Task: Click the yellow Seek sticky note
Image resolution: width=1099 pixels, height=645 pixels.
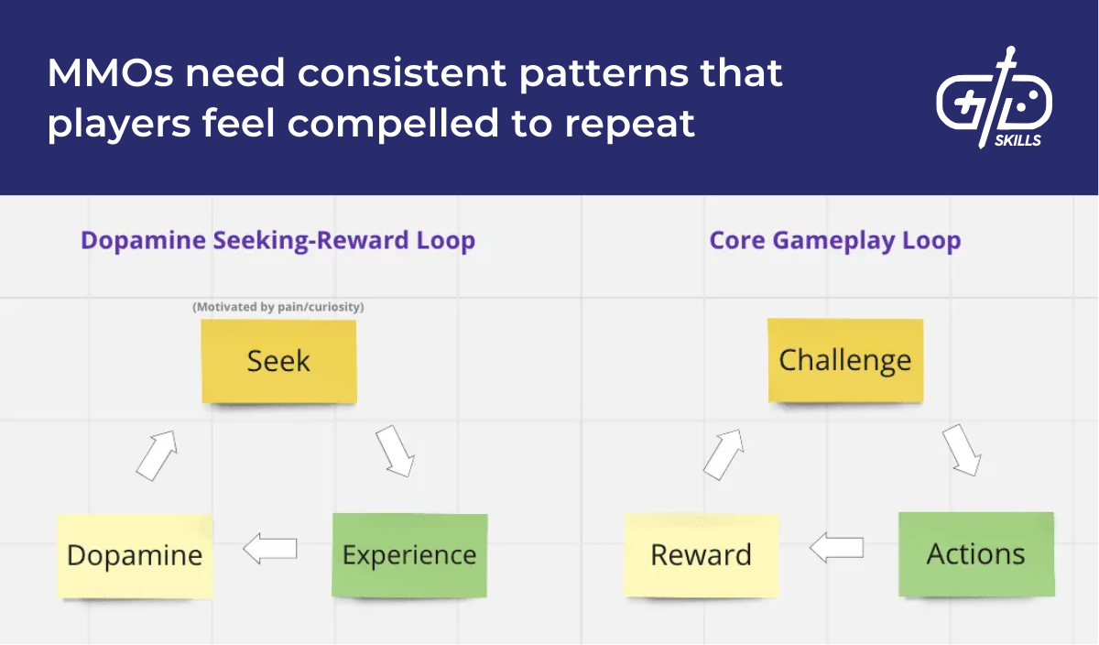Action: (278, 361)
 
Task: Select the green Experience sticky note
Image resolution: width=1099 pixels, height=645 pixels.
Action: (409, 555)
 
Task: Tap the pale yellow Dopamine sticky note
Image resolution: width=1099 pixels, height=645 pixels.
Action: (135, 556)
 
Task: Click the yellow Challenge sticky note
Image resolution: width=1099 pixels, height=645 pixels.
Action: (844, 360)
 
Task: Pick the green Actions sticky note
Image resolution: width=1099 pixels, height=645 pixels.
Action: (976, 554)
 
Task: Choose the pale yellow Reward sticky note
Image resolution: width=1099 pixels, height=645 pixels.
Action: (701, 555)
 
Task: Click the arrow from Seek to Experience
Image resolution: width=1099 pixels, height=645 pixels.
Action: (395, 450)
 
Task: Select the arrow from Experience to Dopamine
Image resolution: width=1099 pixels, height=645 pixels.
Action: (270, 549)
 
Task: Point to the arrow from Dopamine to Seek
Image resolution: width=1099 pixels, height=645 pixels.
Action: (156, 454)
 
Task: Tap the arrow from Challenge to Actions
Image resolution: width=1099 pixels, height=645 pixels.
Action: (962, 450)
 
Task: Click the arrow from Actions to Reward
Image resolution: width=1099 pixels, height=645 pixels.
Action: (837, 548)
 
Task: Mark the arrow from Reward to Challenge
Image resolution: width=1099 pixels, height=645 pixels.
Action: (724, 454)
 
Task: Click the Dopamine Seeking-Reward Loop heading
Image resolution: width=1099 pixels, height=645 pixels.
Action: (277, 241)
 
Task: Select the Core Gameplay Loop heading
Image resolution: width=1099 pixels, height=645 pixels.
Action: (834, 241)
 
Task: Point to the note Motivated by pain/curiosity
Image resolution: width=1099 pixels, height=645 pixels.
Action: (277, 307)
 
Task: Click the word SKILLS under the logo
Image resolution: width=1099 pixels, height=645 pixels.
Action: (1017, 141)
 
